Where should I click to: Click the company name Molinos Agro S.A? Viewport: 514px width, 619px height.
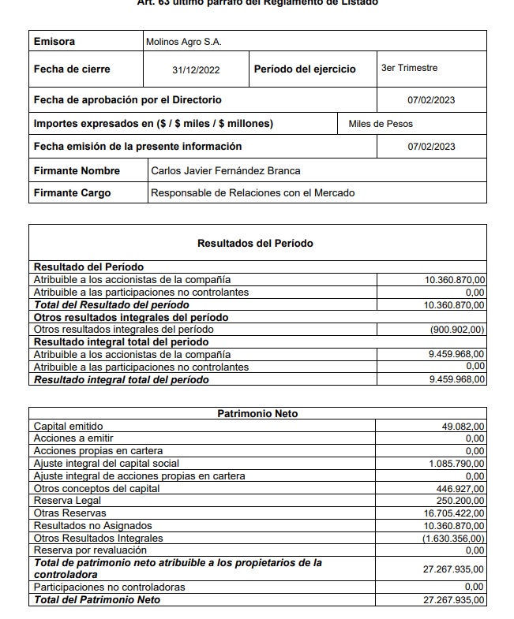(184, 42)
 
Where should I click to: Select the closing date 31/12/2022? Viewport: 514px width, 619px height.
(196, 70)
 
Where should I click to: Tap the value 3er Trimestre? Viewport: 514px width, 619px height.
(409, 69)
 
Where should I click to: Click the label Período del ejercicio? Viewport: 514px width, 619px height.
(305, 69)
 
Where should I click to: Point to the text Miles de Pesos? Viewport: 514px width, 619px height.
(381, 124)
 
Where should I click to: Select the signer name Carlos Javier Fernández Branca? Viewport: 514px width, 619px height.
(225, 170)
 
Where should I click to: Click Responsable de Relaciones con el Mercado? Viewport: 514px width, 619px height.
(253, 192)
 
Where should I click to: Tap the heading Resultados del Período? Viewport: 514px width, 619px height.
(255, 244)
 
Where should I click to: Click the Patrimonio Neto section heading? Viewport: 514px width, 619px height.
(257, 413)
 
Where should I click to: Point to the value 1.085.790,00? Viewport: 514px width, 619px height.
(457, 464)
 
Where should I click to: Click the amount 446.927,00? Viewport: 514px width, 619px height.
(461, 489)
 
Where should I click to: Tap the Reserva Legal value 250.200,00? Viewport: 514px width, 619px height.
(461, 501)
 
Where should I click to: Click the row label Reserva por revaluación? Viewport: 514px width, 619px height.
(90, 550)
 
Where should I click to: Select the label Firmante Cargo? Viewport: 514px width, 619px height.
(72, 192)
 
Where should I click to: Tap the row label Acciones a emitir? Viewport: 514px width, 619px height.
(73, 438)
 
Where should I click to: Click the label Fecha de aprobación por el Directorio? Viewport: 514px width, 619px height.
(127, 100)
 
